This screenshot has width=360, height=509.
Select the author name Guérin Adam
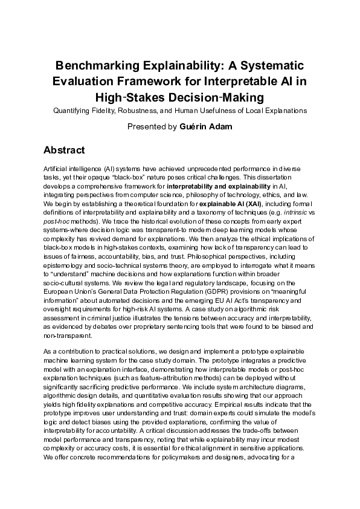pyautogui.click(x=206, y=127)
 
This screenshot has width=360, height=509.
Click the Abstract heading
pyautogui.click(x=64, y=150)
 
